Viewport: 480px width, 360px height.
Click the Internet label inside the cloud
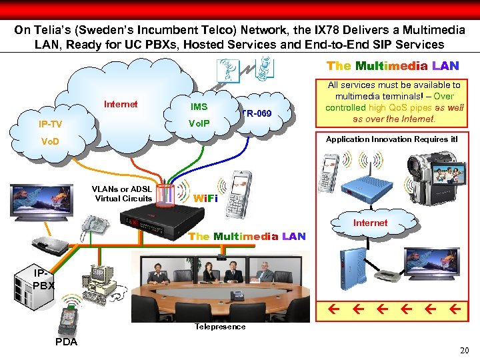[x=121, y=104]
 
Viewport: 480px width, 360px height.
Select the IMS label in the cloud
[x=199, y=107]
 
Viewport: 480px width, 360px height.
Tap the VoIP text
[x=199, y=123]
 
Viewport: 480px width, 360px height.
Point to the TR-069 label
[x=257, y=114]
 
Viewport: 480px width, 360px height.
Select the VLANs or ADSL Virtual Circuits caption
[x=123, y=193]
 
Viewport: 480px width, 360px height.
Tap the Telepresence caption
[x=220, y=327]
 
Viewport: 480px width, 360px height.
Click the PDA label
[x=65, y=342]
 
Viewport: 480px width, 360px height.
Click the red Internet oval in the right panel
[x=370, y=223]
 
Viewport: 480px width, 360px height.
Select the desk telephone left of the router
[x=93, y=227]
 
